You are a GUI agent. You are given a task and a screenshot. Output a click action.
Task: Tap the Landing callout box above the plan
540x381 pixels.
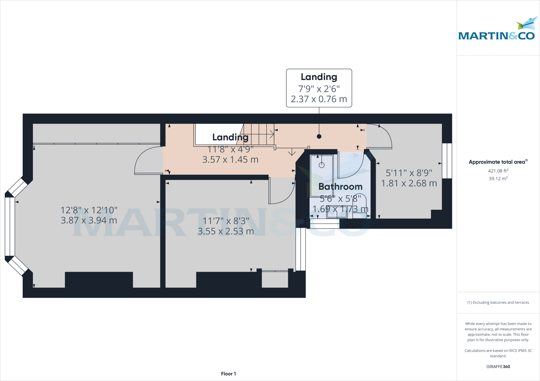pos(319,88)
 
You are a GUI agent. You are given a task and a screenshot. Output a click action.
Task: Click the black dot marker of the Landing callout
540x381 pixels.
pos(319,136)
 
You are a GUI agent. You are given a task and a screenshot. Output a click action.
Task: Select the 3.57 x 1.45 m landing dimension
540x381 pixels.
pos(230,159)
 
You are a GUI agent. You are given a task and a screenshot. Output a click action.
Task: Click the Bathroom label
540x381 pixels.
pos(340,187)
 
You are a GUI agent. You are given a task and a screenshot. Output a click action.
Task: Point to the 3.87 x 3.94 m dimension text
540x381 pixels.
pos(89,220)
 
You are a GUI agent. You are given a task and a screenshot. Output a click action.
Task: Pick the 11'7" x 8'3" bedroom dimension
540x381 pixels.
pos(226,221)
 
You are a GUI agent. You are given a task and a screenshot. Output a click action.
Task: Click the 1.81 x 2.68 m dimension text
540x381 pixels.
pos(409,183)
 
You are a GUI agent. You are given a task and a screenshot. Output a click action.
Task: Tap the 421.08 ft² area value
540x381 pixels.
pos(498,171)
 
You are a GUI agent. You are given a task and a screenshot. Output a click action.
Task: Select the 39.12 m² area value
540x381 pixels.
pos(498,178)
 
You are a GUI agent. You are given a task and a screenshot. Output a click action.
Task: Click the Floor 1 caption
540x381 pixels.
pos(228,374)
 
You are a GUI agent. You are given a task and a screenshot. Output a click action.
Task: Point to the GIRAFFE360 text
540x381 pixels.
pos(498,367)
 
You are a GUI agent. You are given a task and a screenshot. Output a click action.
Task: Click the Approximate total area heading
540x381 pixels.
pos(498,162)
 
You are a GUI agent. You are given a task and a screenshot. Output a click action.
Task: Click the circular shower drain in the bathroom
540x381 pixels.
pos(322,165)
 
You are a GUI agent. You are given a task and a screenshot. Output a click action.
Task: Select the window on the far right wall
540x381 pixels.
pos(447,161)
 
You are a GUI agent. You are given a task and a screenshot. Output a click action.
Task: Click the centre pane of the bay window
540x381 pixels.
pos(10,226)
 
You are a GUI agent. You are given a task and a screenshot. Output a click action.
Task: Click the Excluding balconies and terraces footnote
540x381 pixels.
pos(498,302)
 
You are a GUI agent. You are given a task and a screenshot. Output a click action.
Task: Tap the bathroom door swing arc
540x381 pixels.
pos(353,167)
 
